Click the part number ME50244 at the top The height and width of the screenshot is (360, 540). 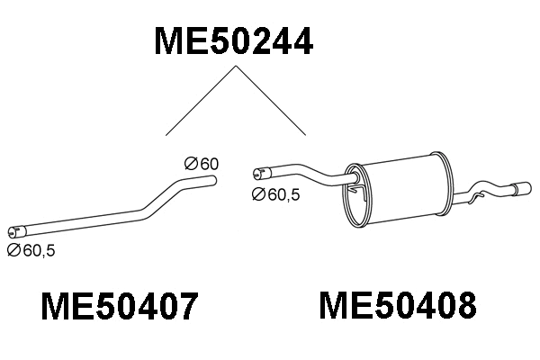(234, 41)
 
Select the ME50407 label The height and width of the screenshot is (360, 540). (119, 308)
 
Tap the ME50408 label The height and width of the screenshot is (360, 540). (397, 307)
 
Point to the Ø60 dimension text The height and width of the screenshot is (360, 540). (202, 164)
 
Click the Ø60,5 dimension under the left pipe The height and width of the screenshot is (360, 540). (31, 251)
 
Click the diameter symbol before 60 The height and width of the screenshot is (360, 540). (190, 164)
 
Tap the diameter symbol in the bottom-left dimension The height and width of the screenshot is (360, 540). (13, 251)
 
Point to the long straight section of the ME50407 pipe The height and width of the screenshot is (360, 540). (81, 221)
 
